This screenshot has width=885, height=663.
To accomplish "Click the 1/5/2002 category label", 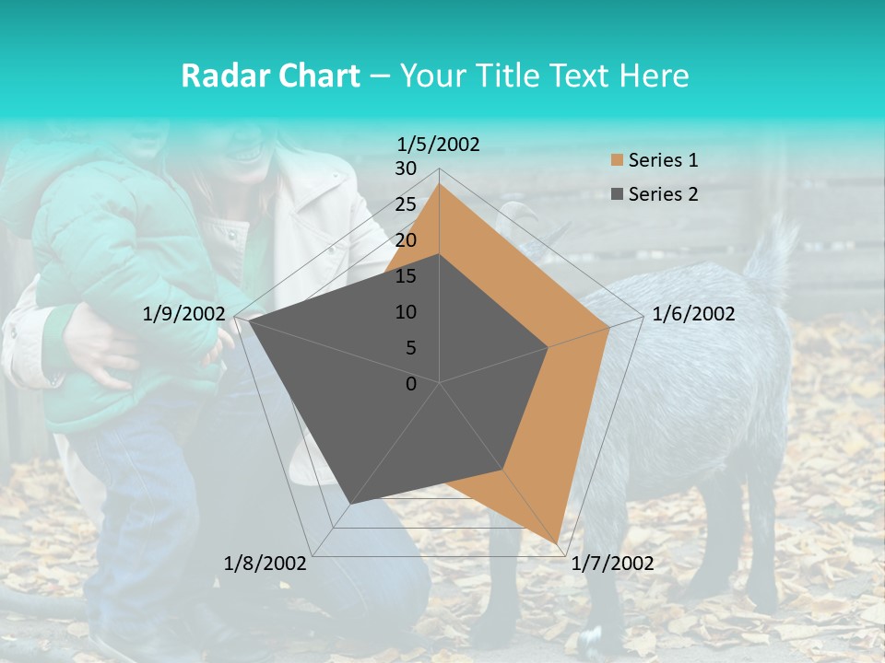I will coord(439,145).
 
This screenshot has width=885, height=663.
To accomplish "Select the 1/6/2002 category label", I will coord(693,315).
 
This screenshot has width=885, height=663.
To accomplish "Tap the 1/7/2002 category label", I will coord(612,564).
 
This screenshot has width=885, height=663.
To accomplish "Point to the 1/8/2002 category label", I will coord(265,564).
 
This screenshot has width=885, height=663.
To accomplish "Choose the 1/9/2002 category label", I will coord(184,315).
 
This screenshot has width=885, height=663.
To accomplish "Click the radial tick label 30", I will coord(406,169).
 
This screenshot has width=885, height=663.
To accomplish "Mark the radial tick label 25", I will coord(406,205).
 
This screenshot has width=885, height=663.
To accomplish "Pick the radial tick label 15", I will coord(406,276).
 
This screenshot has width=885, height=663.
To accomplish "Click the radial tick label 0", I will coord(411,384).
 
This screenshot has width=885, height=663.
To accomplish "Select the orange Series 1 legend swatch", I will coord(617,161).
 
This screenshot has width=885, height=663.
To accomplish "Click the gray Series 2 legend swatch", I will coord(617,194).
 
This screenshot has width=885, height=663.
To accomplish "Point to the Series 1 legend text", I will coord(663,161).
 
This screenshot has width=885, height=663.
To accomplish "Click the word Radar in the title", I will coord(221,76).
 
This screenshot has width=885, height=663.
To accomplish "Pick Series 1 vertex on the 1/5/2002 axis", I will coord(440,184).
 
